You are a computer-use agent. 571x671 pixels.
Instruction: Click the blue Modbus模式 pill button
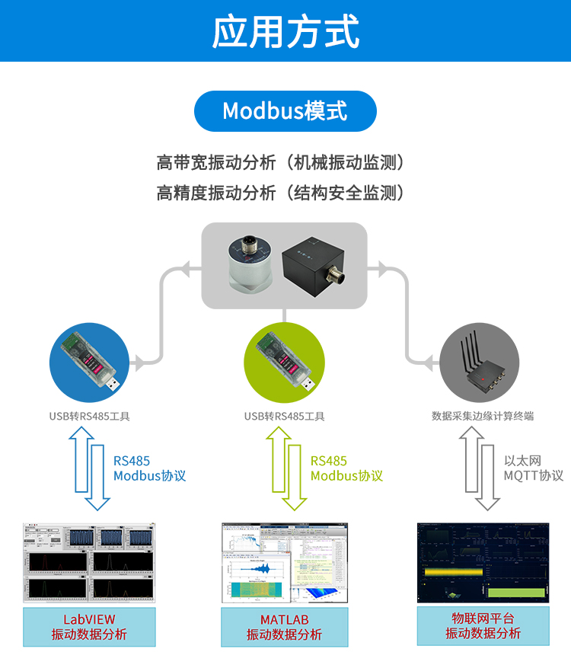[x=285, y=111]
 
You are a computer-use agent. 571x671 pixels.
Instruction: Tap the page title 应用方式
[x=285, y=31]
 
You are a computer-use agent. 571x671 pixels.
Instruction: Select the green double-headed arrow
[x=285, y=468]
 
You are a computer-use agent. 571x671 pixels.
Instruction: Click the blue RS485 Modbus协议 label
[x=149, y=468]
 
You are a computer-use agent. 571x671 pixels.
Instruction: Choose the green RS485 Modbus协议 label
[x=346, y=468]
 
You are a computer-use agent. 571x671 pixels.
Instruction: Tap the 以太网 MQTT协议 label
[x=533, y=468]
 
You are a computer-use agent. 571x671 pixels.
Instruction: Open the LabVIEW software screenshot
[x=89, y=561]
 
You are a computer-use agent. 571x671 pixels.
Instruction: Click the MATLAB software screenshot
[x=285, y=562]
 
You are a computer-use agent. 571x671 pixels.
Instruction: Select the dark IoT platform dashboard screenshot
[x=483, y=562]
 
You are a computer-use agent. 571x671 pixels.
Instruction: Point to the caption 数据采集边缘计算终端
[x=483, y=416]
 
